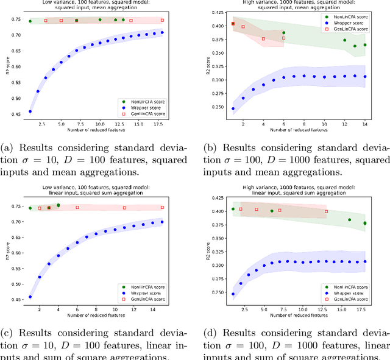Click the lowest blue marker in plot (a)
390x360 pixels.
click(x=30, y=111)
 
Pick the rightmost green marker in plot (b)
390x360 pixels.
click(x=365, y=45)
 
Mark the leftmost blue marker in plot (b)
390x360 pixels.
click(x=233, y=109)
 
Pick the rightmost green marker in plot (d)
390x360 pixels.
click(x=365, y=223)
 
